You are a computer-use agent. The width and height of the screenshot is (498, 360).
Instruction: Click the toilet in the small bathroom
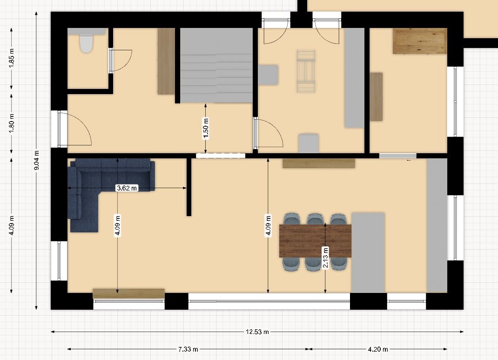[86, 43]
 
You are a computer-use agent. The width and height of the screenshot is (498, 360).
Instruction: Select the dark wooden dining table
[315, 240]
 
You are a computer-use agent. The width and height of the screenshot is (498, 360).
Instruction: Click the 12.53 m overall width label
[257, 332]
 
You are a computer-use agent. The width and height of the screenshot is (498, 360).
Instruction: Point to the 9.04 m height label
[36, 160]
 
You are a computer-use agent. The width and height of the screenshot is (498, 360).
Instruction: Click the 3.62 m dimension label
[127, 188]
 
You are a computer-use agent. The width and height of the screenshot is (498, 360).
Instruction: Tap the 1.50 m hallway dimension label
[206, 129]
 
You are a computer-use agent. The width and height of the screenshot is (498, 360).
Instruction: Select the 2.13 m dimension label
[325, 258]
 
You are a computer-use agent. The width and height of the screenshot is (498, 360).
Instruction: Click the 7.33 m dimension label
[188, 349]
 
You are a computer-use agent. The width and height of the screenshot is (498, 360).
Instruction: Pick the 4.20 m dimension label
[378, 349]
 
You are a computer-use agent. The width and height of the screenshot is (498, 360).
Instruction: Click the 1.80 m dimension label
[12, 123]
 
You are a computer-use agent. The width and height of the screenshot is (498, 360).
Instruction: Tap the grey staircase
[216, 65]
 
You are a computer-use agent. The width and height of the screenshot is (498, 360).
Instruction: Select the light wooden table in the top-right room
[420, 41]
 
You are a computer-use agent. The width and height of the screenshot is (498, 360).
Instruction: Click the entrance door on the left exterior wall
[75, 129]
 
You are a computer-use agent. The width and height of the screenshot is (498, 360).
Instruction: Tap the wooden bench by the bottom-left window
[128, 293]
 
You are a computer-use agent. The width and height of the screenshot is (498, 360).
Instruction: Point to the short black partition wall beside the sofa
[188, 187]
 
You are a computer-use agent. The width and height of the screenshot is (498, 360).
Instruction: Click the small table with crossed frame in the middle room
[306, 71]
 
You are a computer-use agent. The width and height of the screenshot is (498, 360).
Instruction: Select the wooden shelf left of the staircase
[166, 61]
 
